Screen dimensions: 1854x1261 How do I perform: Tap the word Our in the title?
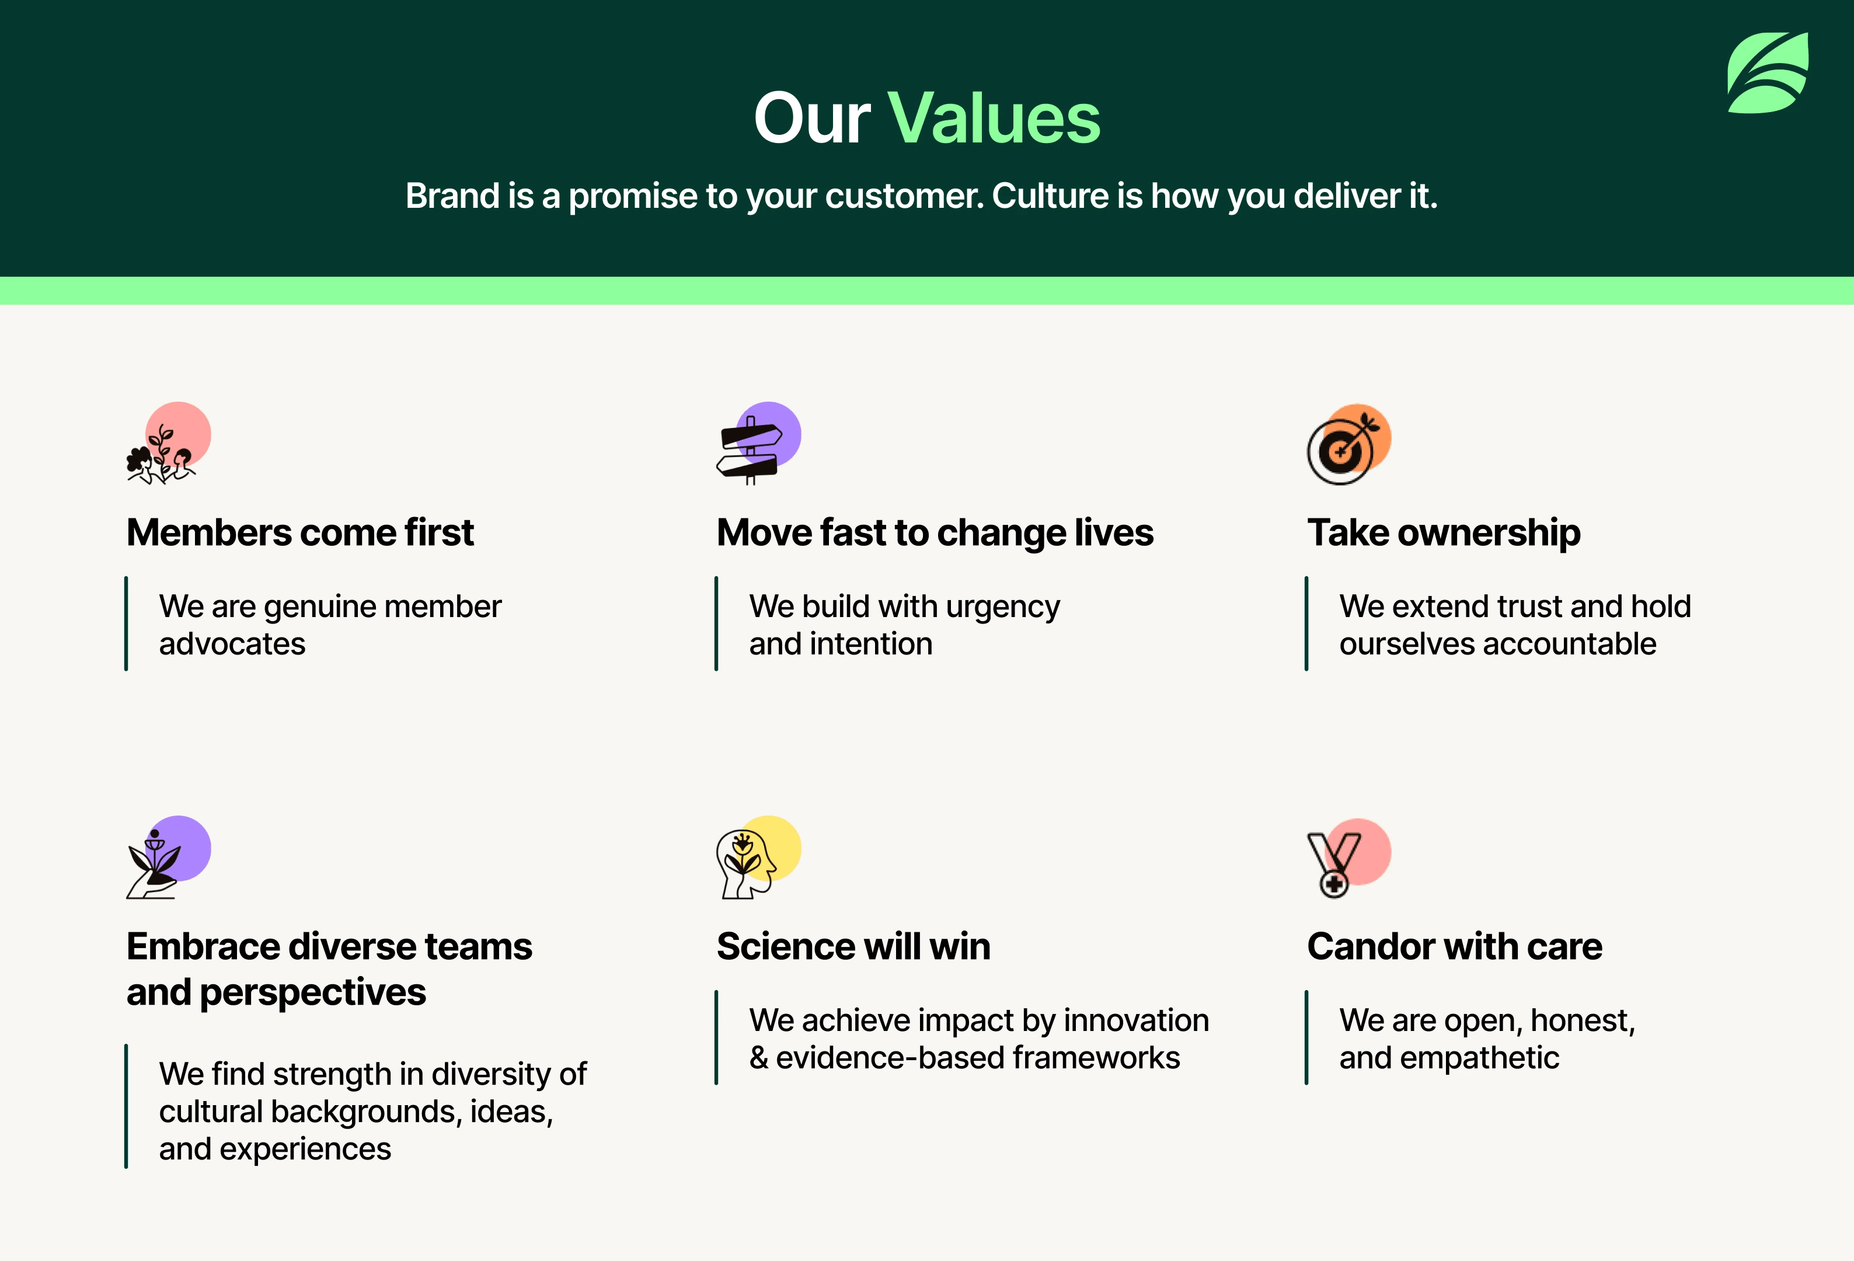pos(812,118)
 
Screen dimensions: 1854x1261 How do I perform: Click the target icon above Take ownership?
pos(1349,444)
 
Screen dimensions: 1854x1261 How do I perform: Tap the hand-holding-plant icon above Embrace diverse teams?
pos(168,858)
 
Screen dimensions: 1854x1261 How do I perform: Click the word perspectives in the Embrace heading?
pos(313,993)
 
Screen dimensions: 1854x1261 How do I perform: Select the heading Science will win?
pos(853,947)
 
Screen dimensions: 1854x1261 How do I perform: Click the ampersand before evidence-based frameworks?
pos(759,1058)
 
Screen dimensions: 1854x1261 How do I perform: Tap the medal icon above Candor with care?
pos(1349,858)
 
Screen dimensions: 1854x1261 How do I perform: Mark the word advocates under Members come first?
pos(232,644)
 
